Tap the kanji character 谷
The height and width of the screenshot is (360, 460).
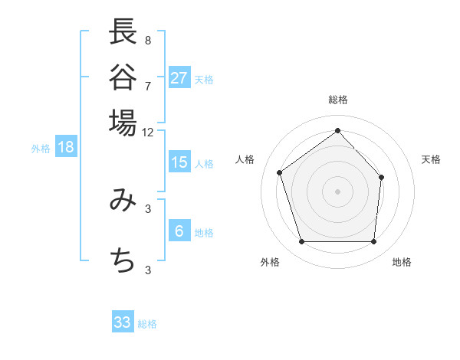[123, 77]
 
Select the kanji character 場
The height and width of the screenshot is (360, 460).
[123, 122]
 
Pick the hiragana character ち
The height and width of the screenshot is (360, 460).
[123, 261]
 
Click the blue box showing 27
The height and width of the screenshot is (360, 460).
[179, 78]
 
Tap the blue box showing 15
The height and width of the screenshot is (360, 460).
[179, 162]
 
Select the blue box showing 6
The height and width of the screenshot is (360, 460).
[179, 231]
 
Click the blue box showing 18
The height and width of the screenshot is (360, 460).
[66, 148]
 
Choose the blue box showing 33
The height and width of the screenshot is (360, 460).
[123, 322]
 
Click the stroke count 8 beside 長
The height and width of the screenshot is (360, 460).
[147, 40]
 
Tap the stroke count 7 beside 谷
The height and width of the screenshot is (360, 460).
[147, 85]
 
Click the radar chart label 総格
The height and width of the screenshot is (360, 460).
[337, 100]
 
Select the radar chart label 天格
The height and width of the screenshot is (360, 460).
[431, 159]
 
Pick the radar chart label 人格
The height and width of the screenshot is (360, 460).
[245, 159]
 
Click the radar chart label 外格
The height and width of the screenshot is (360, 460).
[270, 262]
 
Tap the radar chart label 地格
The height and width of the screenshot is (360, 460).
[402, 262]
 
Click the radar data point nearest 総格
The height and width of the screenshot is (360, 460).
[337, 130]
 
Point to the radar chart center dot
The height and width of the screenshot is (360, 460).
[337, 190]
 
